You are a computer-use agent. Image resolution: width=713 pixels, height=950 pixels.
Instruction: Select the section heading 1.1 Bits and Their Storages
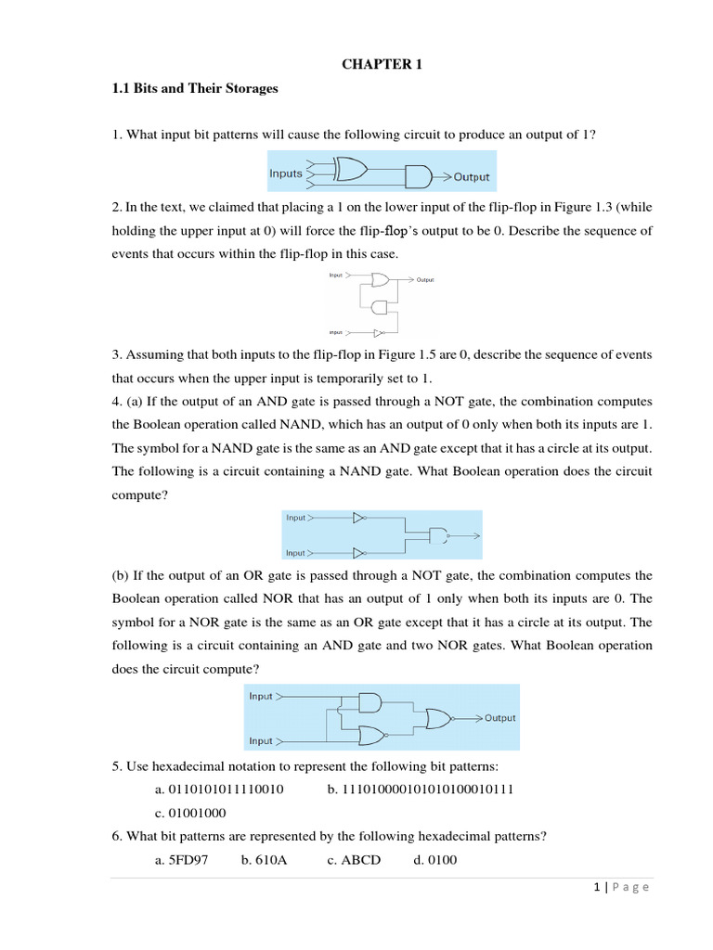195,89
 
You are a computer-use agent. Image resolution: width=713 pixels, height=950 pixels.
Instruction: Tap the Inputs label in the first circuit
286,173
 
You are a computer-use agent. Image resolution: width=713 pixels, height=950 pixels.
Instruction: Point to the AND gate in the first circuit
419,176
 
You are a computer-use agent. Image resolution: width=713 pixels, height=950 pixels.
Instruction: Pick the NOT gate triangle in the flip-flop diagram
378,331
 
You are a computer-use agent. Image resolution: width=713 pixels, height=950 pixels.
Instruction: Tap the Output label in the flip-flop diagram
424,279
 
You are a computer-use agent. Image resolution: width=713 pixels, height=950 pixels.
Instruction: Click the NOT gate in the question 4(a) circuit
359,518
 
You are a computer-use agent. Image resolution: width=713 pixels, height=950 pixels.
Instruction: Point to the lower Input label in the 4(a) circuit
295,553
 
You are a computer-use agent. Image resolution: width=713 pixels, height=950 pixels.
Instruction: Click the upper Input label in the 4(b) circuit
261,696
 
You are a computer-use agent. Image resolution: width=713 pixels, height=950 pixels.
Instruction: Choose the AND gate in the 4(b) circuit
369,702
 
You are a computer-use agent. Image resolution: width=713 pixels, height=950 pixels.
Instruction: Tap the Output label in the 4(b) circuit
499,718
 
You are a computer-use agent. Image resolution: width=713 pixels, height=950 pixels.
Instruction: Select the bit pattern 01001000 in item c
198,813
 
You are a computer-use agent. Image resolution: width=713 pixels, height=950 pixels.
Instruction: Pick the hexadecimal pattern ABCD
361,860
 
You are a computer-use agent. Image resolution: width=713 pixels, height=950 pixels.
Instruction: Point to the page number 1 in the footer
595,887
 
